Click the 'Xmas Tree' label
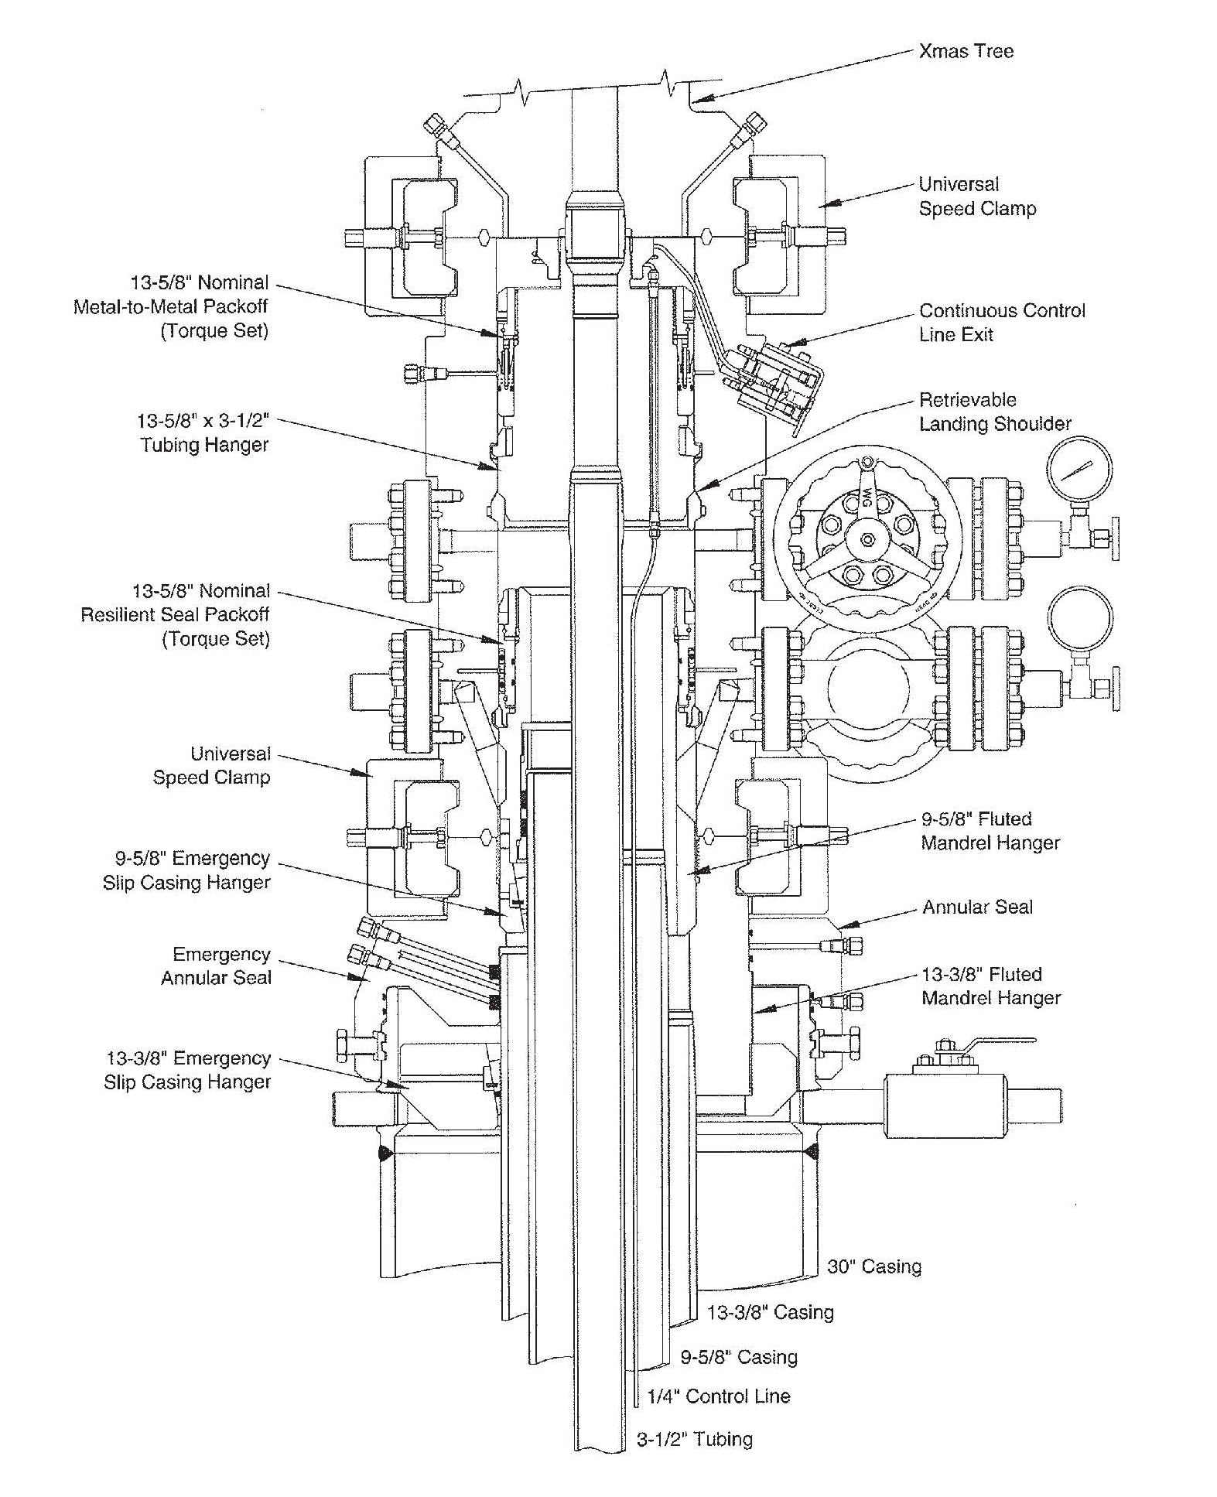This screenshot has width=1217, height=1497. tap(965, 52)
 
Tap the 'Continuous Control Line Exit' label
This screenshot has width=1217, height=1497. tap(1001, 323)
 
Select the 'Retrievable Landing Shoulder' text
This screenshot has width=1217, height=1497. tap(994, 412)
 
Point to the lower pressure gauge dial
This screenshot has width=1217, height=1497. tap(1079, 619)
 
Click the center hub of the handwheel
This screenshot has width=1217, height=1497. tap(867, 540)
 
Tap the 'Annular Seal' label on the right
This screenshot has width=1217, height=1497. tap(976, 907)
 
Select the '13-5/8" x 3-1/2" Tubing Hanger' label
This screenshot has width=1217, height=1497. tap(203, 432)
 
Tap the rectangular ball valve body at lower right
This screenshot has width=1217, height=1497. tap(932, 1104)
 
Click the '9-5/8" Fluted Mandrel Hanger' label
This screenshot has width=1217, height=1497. tap(990, 830)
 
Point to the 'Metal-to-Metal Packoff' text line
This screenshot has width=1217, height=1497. tap(170, 306)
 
